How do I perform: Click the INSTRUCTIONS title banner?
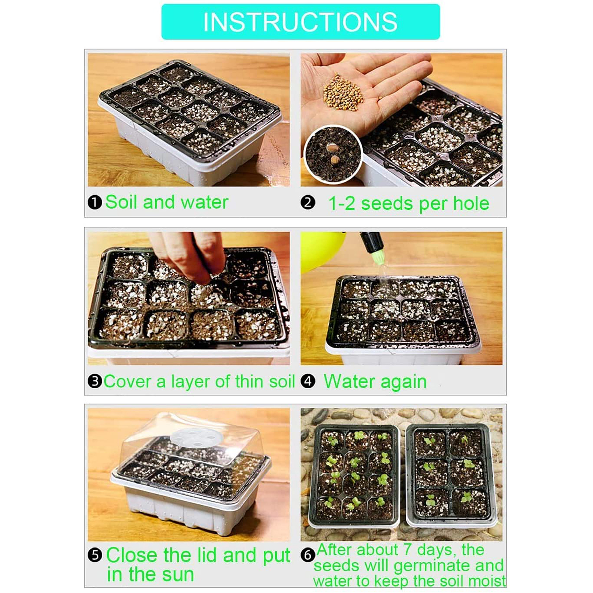(301, 22)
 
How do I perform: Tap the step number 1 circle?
(95, 202)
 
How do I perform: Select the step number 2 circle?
(308, 203)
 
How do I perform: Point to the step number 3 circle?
(95, 381)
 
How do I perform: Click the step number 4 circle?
(308, 381)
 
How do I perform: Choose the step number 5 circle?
(95, 555)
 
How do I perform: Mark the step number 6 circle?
(308, 555)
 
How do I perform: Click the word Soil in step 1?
(121, 202)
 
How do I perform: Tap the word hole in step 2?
(471, 203)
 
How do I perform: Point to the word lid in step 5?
(207, 555)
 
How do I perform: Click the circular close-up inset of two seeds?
(333, 154)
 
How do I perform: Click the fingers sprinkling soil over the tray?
(189, 256)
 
